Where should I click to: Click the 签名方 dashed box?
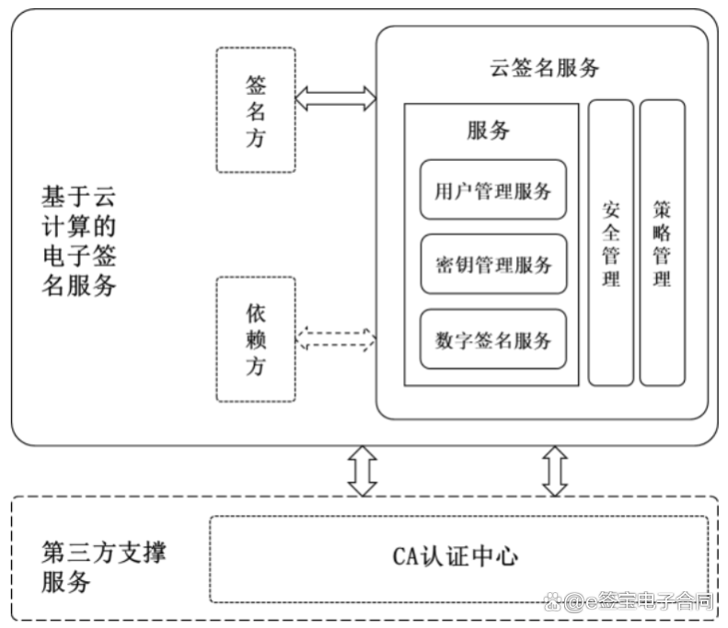(x=256, y=110)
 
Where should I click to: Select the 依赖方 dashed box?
(x=256, y=339)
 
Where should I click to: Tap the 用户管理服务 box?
(x=493, y=190)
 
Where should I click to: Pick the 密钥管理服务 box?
(x=493, y=265)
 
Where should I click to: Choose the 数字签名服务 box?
(x=493, y=339)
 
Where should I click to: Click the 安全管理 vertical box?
(x=611, y=242)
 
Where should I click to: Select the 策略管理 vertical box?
(x=663, y=242)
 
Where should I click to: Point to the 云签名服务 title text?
(x=544, y=67)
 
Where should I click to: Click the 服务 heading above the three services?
(x=488, y=130)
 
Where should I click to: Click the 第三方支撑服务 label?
(x=104, y=567)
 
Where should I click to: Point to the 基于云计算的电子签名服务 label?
(x=79, y=241)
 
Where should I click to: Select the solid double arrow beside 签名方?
(x=335, y=98)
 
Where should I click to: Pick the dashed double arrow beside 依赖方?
(x=335, y=339)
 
